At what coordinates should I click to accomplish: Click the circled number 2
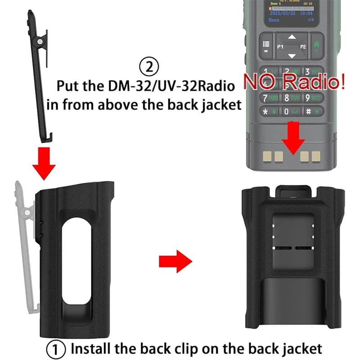[149, 68]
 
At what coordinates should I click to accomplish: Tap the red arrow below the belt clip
[44, 163]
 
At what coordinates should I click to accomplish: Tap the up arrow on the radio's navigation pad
[292, 36]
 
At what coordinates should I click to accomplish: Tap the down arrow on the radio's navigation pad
[292, 56]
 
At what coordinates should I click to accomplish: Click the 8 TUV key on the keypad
[292, 97]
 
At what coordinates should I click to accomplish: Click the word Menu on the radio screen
[274, 20]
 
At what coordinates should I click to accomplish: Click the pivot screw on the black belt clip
[40, 41]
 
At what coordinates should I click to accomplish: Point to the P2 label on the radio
[303, 46]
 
